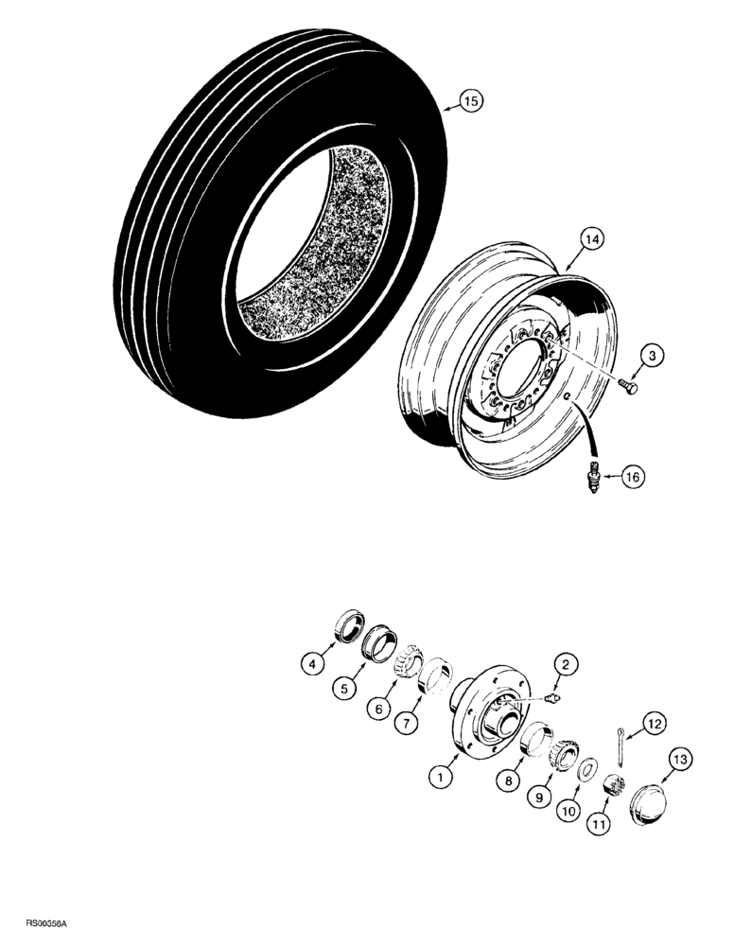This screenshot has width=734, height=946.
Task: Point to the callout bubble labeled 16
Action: (x=631, y=479)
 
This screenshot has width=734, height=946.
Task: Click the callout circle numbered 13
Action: (x=678, y=761)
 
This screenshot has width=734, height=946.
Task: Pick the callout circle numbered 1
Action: (x=439, y=779)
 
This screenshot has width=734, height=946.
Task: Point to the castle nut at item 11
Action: (x=610, y=784)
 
